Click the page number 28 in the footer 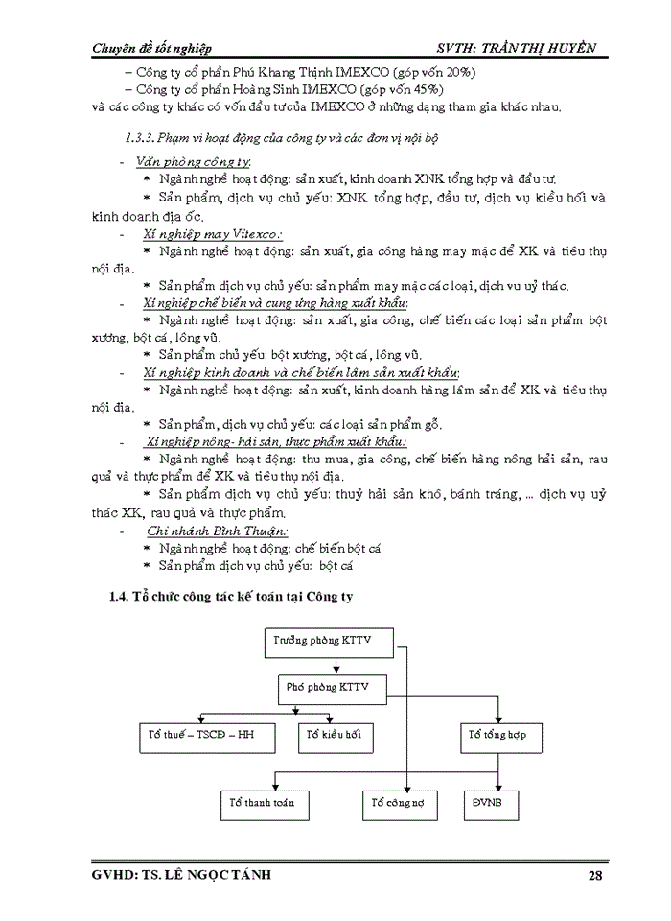tap(596, 875)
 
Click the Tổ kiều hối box tap(335, 737)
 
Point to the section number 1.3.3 tap(142, 138)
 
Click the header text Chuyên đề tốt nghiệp tap(151, 48)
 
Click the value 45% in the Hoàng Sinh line tap(427, 89)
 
